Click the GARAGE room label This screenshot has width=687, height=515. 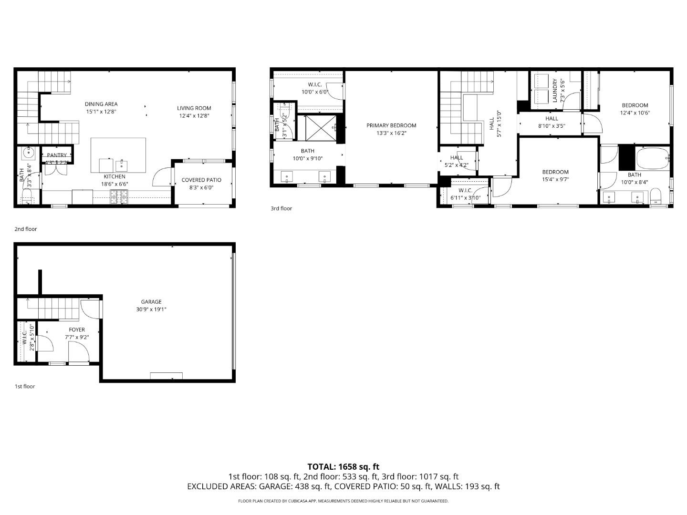151,301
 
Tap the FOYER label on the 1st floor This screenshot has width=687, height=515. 77,330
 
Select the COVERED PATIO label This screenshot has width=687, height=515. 201,180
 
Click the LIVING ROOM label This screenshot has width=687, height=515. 194,108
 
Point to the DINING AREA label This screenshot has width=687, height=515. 101,104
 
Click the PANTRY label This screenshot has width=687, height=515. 57,155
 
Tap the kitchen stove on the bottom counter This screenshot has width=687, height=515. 119,196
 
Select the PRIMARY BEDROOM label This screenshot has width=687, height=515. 391,125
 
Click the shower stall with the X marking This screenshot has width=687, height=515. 321,128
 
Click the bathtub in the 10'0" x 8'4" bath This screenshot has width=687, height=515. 653,159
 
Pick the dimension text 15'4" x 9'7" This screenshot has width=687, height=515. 555,180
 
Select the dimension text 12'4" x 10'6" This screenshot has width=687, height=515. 635,113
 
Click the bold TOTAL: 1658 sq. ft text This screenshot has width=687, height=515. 343,466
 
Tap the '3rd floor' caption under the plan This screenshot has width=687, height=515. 281,208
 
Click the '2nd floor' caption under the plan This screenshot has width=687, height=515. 25,229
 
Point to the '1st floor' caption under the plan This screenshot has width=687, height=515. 24,386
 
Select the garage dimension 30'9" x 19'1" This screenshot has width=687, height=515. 151,309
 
